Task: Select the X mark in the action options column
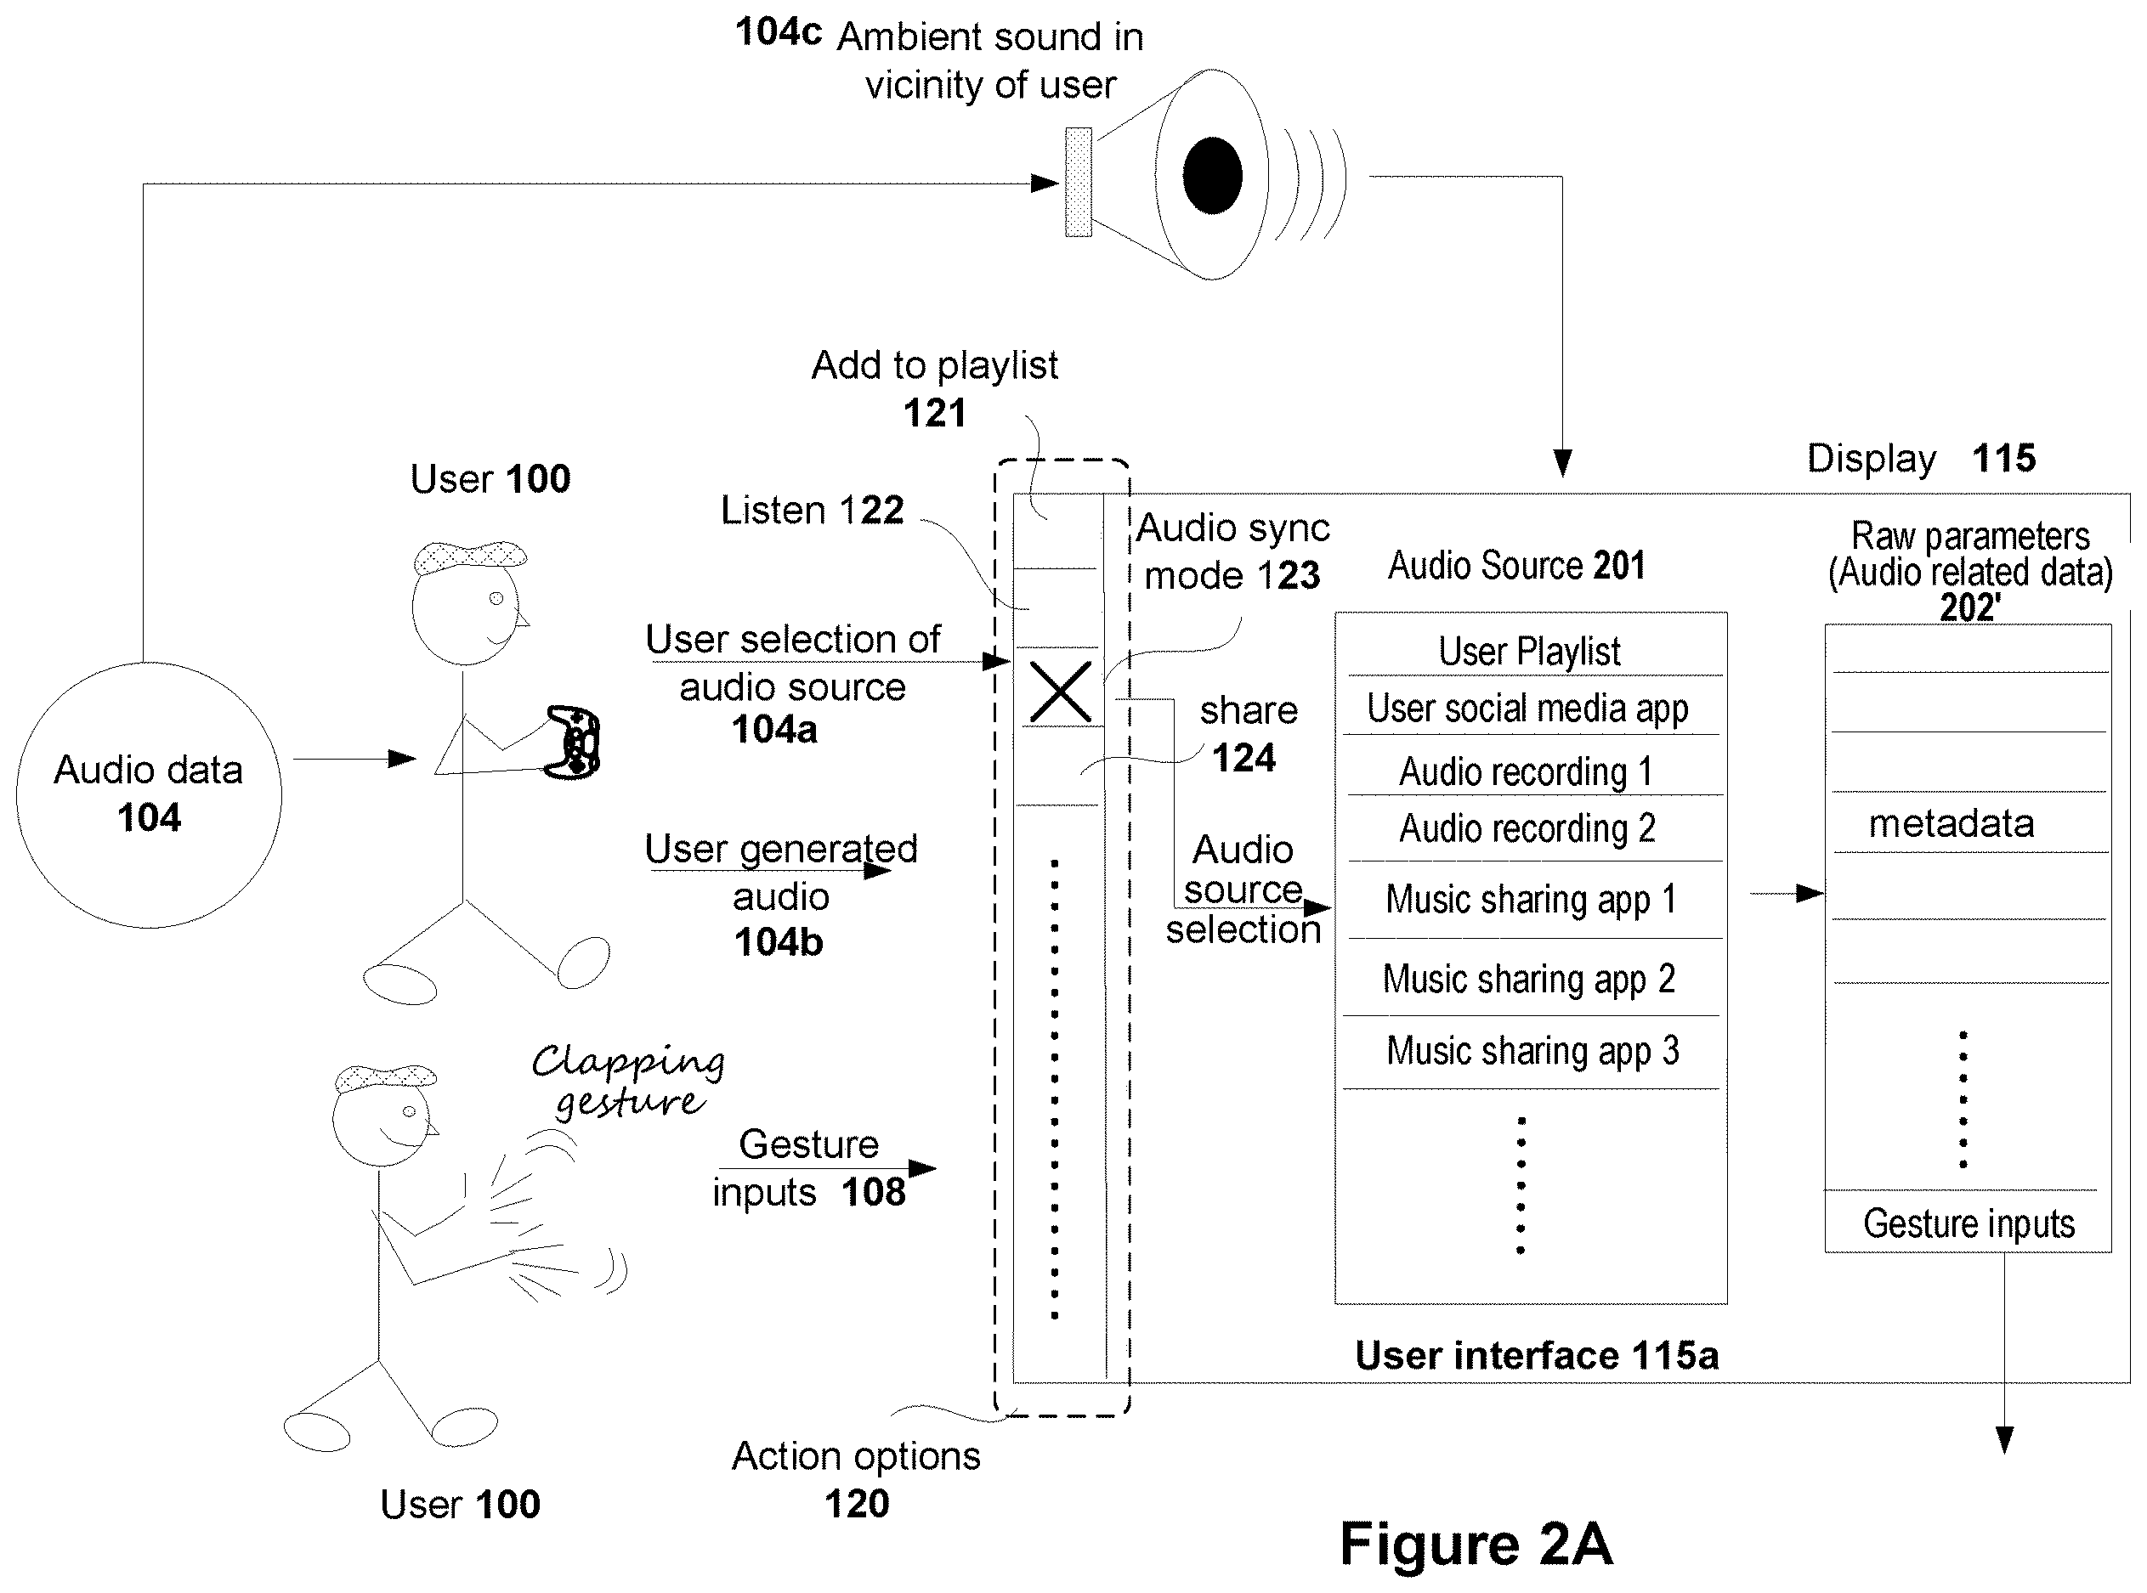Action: click(1060, 692)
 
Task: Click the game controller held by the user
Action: click(573, 742)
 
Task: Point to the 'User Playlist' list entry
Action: click(1530, 651)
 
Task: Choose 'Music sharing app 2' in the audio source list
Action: click(1529, 979)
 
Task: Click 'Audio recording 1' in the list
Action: click(1526, 771)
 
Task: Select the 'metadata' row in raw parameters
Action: click(1952, 822)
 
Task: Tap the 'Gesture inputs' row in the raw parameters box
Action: click(1969, 1223)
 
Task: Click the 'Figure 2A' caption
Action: click(1476, 1544)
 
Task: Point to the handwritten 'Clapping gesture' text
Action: click(628, 1080)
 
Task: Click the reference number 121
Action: click(933, 413)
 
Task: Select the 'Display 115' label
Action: click(1921, 458)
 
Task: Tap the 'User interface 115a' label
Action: click(1537, 1355)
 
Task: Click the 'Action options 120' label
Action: click(857, 1479)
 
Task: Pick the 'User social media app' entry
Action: click(1527, 709)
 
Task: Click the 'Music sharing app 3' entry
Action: click(1532, 1050)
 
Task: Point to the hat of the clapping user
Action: click(386, 1077)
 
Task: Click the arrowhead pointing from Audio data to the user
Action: click(402, 759)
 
